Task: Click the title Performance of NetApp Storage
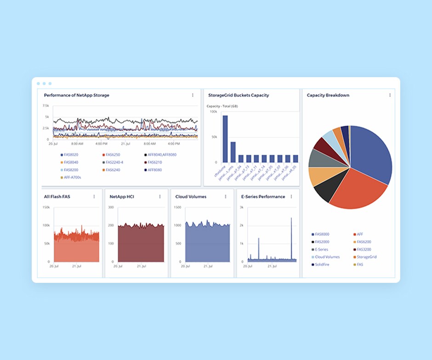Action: coord(76,96)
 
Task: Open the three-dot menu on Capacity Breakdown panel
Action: coord(390,96)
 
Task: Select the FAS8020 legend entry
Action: coord(71,155)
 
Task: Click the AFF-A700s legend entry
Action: coord(72,177)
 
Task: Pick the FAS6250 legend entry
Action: coord(113,155)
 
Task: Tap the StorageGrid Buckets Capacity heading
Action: coord(238,96)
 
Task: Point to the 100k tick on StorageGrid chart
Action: coord(214,112)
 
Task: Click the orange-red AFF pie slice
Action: coord(356,188)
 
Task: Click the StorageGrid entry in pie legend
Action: coord(366,257)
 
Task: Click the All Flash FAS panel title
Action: coord(57,197)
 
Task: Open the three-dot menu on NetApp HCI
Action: coord(160,197)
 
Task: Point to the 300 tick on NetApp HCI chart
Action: coord(111,208)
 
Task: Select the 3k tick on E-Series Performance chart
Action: coord(242,208)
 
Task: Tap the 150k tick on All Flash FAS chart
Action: coord(46,208)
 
